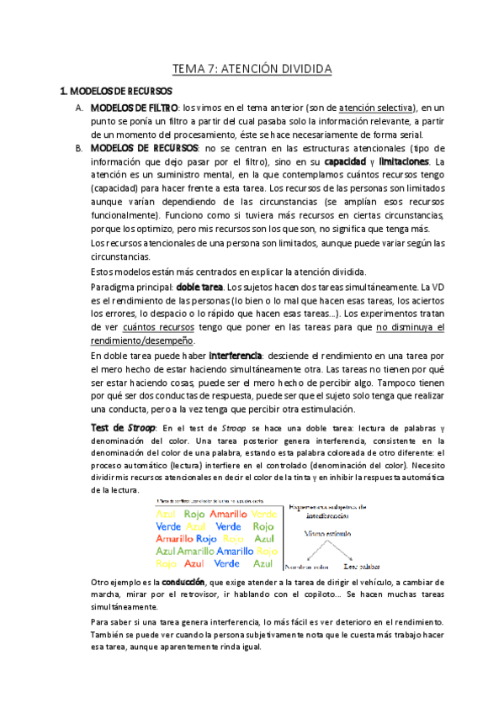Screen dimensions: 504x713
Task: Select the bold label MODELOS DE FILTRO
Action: coord(135,108)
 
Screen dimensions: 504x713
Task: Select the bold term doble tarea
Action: coord(199,288)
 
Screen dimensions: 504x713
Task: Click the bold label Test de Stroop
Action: coord(122,427)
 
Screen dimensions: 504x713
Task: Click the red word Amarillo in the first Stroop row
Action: coord(229,514)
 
